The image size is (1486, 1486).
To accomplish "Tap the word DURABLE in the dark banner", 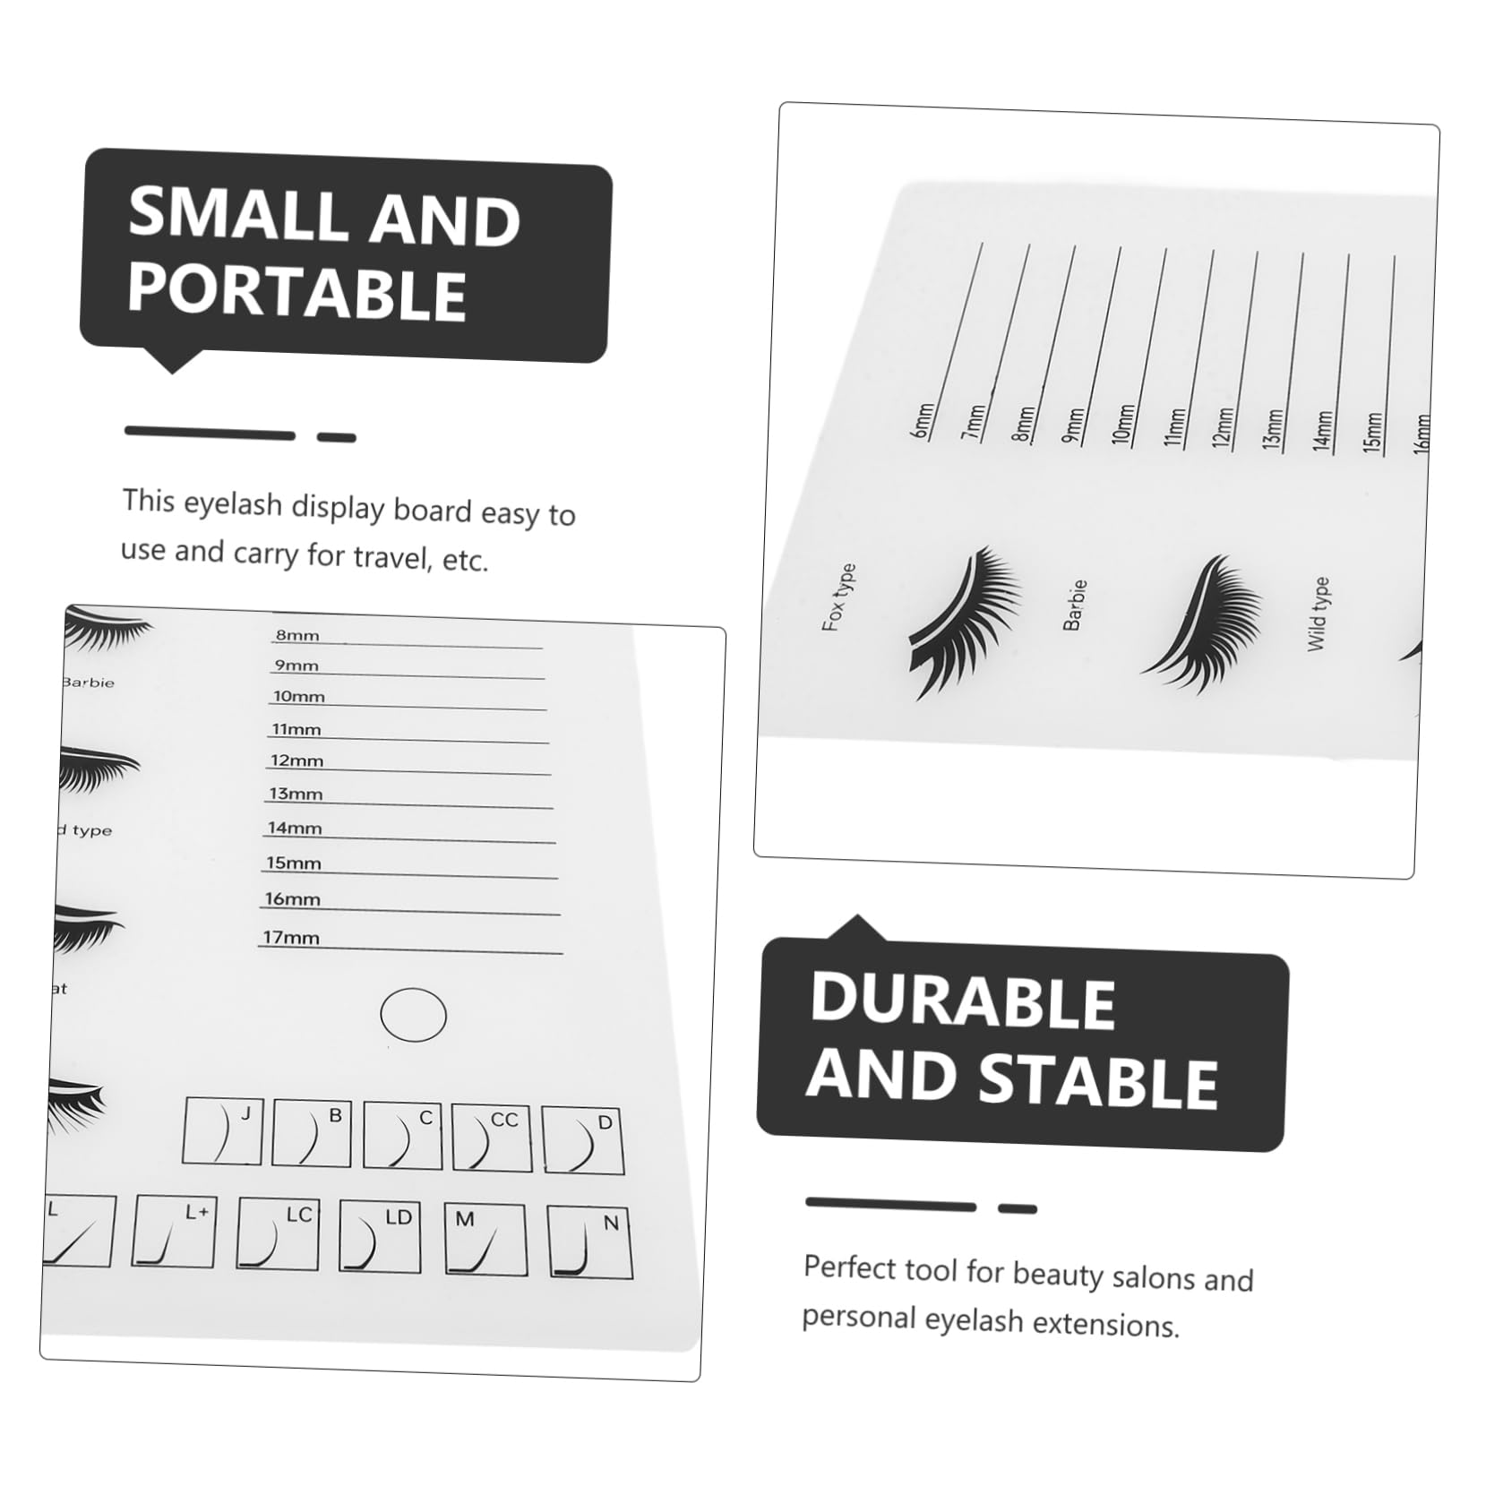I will [962, 1000].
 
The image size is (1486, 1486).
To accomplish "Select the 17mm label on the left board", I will [291, 938].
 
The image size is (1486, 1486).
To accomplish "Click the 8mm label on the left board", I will [297, 635].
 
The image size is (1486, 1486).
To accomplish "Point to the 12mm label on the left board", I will [296, 760].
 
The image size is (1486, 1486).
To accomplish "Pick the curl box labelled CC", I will [492, 1137].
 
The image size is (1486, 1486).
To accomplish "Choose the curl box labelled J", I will [222, 1131].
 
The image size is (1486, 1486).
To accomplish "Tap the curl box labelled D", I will [583, 1139].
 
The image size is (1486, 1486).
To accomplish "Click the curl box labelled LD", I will [381, 1235].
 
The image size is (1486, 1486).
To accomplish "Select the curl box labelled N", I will [589, 1241].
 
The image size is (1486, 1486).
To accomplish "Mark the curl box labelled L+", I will [174, 1230].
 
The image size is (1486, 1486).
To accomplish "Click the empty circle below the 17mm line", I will [413, 1015].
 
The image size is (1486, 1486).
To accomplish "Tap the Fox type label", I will [838, 597].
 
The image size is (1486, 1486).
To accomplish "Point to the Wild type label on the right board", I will [1318, 614].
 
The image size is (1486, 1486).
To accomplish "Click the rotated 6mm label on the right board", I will [923, 420].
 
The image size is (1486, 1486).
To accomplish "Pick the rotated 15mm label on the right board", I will [1372, 431].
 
